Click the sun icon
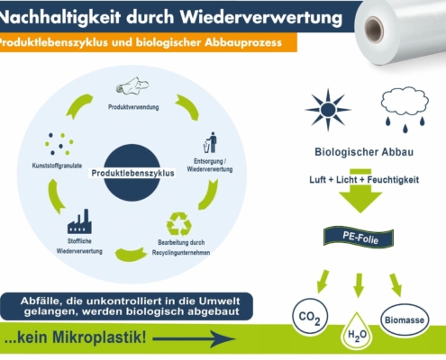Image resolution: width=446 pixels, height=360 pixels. (328, 110)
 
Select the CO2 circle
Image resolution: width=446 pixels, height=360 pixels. (310, 316)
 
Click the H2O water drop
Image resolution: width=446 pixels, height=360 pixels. (357, 331)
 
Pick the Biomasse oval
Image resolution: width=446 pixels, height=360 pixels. (405, 319)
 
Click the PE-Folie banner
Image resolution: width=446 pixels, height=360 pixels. (359, 238)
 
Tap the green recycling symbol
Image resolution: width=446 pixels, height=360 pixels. (179, 224)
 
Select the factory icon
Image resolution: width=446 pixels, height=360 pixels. (79, 221)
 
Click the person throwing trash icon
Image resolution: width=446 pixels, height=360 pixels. (210, 142)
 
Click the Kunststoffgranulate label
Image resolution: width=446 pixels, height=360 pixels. (57, 166)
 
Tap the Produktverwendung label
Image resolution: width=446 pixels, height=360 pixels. (133, 107)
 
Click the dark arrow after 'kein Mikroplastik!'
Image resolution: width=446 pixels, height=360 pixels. (195, 339)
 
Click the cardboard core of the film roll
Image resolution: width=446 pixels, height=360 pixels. (374, 30)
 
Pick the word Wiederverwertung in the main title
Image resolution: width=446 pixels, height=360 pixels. (261, 17)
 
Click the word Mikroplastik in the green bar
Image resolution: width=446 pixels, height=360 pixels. (99, 337)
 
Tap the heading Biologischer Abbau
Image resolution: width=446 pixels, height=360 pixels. (364, 152)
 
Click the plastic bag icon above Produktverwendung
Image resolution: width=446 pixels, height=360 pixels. (132, 86)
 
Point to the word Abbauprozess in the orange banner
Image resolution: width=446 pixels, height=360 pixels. (243, 42)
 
